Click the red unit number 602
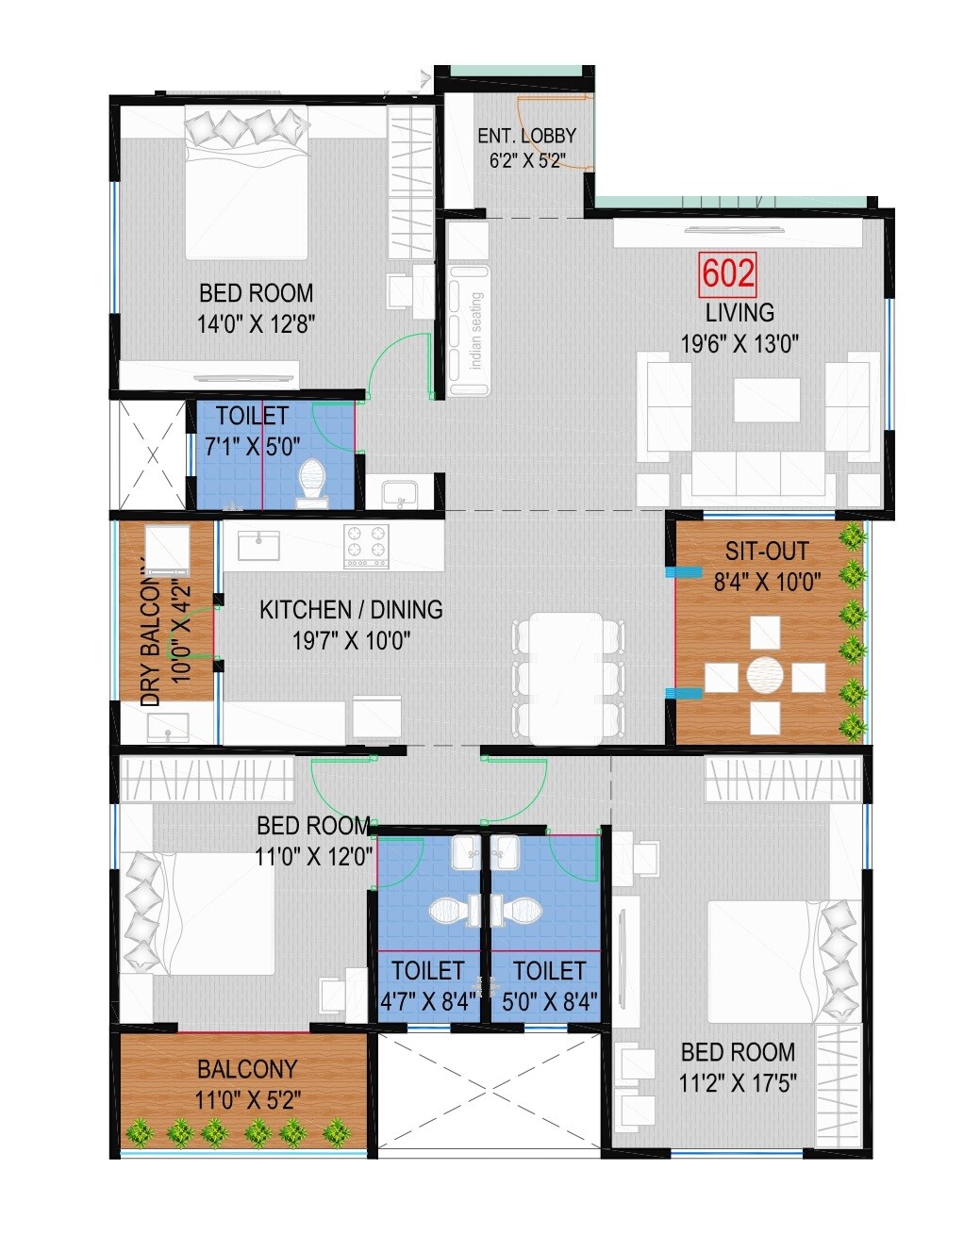[728, 273]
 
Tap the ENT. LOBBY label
[526, 136]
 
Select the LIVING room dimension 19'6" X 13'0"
[739, 343]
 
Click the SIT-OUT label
[767, 551]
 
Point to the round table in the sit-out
[765, 676]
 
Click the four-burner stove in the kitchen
[366, 545]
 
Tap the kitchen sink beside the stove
[257, 544]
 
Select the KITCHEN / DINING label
[351, 610]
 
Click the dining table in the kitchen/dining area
[565, 677]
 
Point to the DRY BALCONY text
[151, 632]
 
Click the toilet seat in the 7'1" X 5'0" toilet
[310, 479]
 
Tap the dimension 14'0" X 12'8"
[256, 324]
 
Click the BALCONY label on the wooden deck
[247, 1069]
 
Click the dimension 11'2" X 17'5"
[738, 1082]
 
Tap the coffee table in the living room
[767, 400]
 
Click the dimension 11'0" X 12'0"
[314, 857]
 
